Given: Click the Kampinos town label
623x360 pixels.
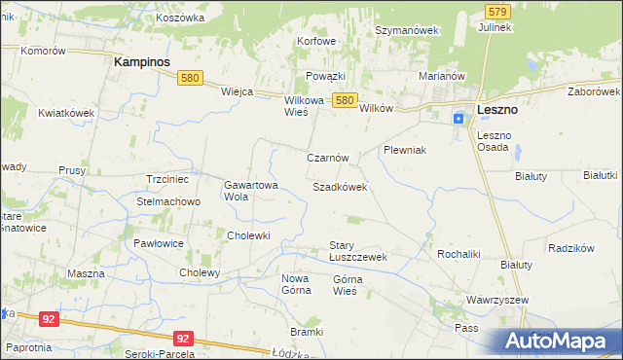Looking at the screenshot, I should tap(142, 61).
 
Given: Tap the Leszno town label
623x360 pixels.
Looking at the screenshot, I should tap(496, 111).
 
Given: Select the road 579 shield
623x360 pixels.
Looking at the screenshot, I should tap(496, 11).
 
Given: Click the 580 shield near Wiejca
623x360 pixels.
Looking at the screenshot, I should tap(190, 79).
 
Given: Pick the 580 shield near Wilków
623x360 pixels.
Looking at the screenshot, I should tap(344, 99).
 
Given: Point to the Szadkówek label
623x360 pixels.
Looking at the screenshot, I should tap(340, 186).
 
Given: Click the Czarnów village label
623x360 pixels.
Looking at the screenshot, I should tap(327, 158).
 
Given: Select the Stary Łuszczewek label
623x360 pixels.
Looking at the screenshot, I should tap(358, 251).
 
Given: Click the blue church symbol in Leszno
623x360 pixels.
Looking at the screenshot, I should tap(458, 119).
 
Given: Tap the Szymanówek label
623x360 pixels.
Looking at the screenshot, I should tap(408, 30).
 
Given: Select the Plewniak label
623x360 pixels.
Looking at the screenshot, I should tap(406, 151).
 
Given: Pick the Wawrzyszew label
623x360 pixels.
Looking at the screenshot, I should tap(496, 302).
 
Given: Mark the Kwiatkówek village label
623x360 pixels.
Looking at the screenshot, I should tap(66, 113).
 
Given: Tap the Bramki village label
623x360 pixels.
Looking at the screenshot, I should tap(306, 332).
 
